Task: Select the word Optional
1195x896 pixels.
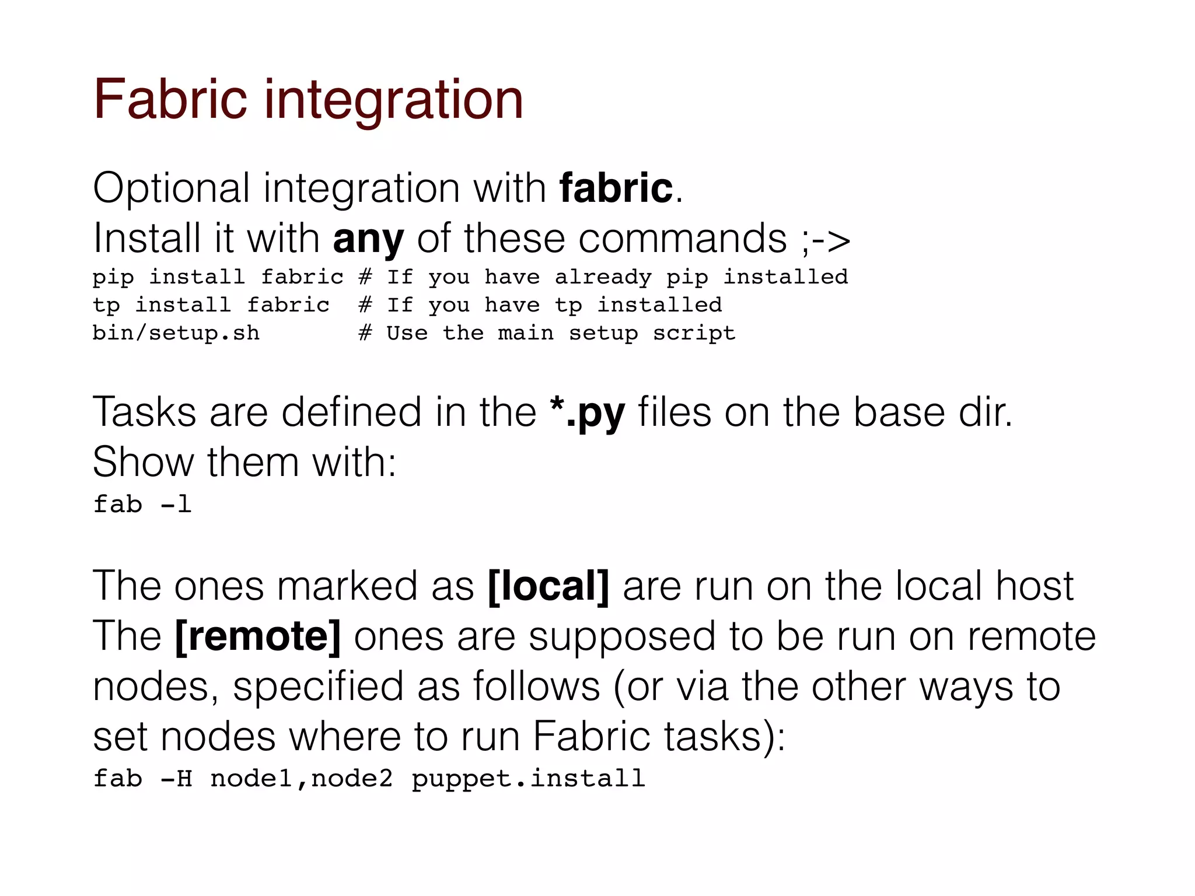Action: click(x=171, y=189)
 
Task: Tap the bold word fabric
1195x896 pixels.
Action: click(x=616, y=188)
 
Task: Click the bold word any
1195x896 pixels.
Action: click(x=368, y=239)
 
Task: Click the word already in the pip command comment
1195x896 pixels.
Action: click(x=603, y=277)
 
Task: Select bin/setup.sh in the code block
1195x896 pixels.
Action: click(x=176, y=333)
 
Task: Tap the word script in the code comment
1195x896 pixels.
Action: click(x=694, y=333)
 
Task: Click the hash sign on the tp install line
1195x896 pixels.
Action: click(x=365, y=305)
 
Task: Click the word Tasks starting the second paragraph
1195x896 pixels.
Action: click(x=144, y=412)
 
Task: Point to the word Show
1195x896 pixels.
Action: click(x=143, y=462)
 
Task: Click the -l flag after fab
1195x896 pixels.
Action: click(x=176, y=504)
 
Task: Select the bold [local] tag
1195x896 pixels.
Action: click(x=548, y=586)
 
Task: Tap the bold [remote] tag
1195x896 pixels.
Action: click(x=257, y=636)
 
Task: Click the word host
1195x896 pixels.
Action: click(x=1034, y=586)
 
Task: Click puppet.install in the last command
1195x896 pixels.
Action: click(x=528, y=779)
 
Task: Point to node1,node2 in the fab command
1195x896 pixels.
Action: click(x=301, y=779)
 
